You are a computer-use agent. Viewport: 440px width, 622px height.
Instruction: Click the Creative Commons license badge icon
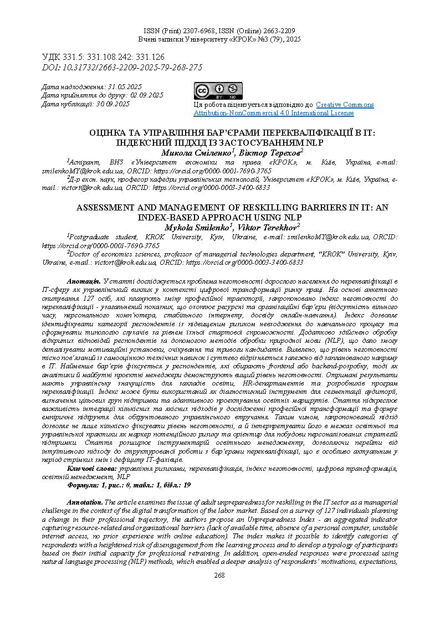[x=218, y=91]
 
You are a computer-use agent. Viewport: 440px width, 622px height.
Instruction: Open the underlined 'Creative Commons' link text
[x=345, y=105]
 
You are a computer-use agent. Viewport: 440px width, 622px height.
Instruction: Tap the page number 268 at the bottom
[x=219, y=576]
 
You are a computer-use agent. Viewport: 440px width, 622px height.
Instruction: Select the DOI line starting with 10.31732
[x=122, y=68]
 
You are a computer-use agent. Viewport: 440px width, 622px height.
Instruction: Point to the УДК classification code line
[x=103, y=57]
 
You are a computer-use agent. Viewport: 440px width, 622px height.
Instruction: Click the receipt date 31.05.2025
[x=125, y=87]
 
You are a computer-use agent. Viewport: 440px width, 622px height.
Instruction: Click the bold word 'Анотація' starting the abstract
[x=83, y=281]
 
